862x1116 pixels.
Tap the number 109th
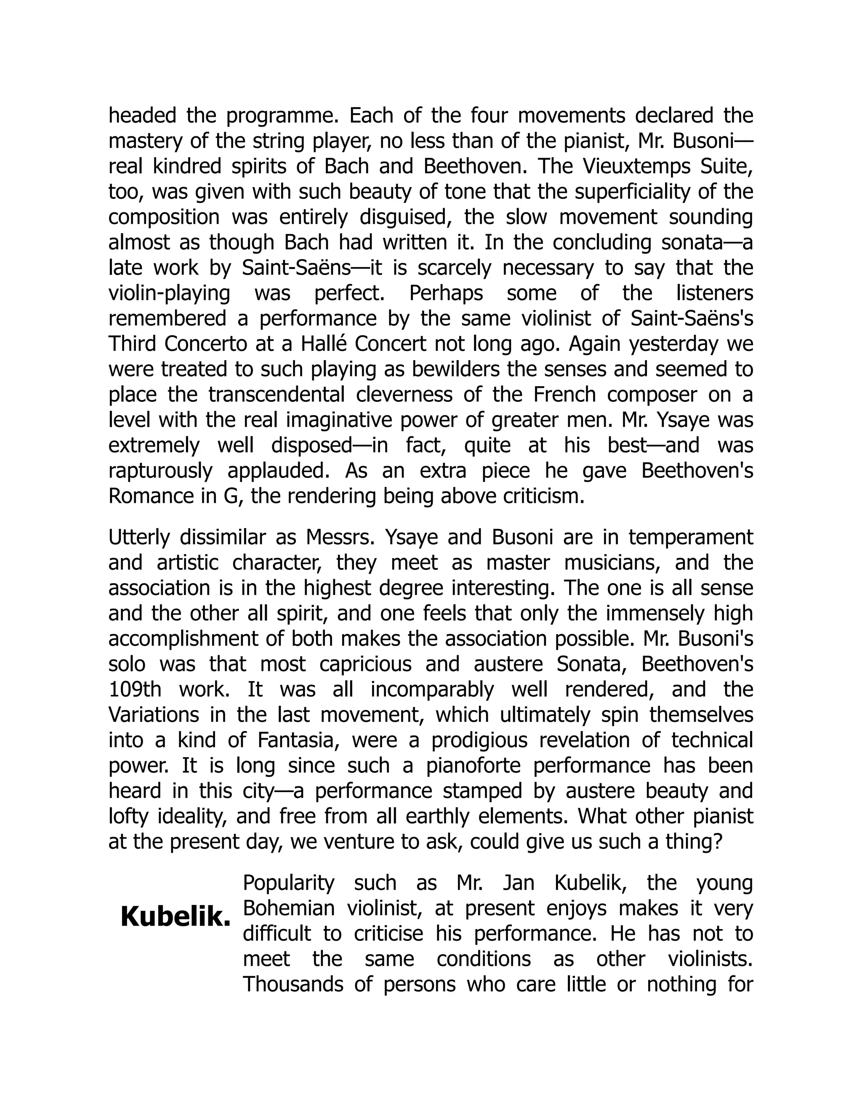[135, 690]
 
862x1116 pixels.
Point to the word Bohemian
[288, 908]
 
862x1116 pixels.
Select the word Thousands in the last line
[293, 985]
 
